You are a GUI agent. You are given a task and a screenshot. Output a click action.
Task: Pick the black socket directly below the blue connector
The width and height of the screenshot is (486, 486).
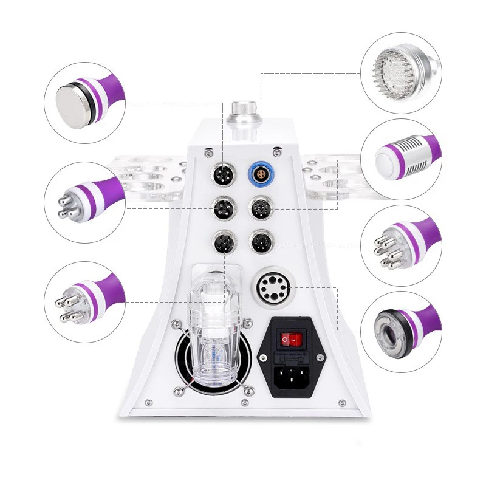261,210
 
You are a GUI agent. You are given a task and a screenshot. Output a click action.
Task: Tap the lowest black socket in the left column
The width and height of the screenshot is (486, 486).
222,244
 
